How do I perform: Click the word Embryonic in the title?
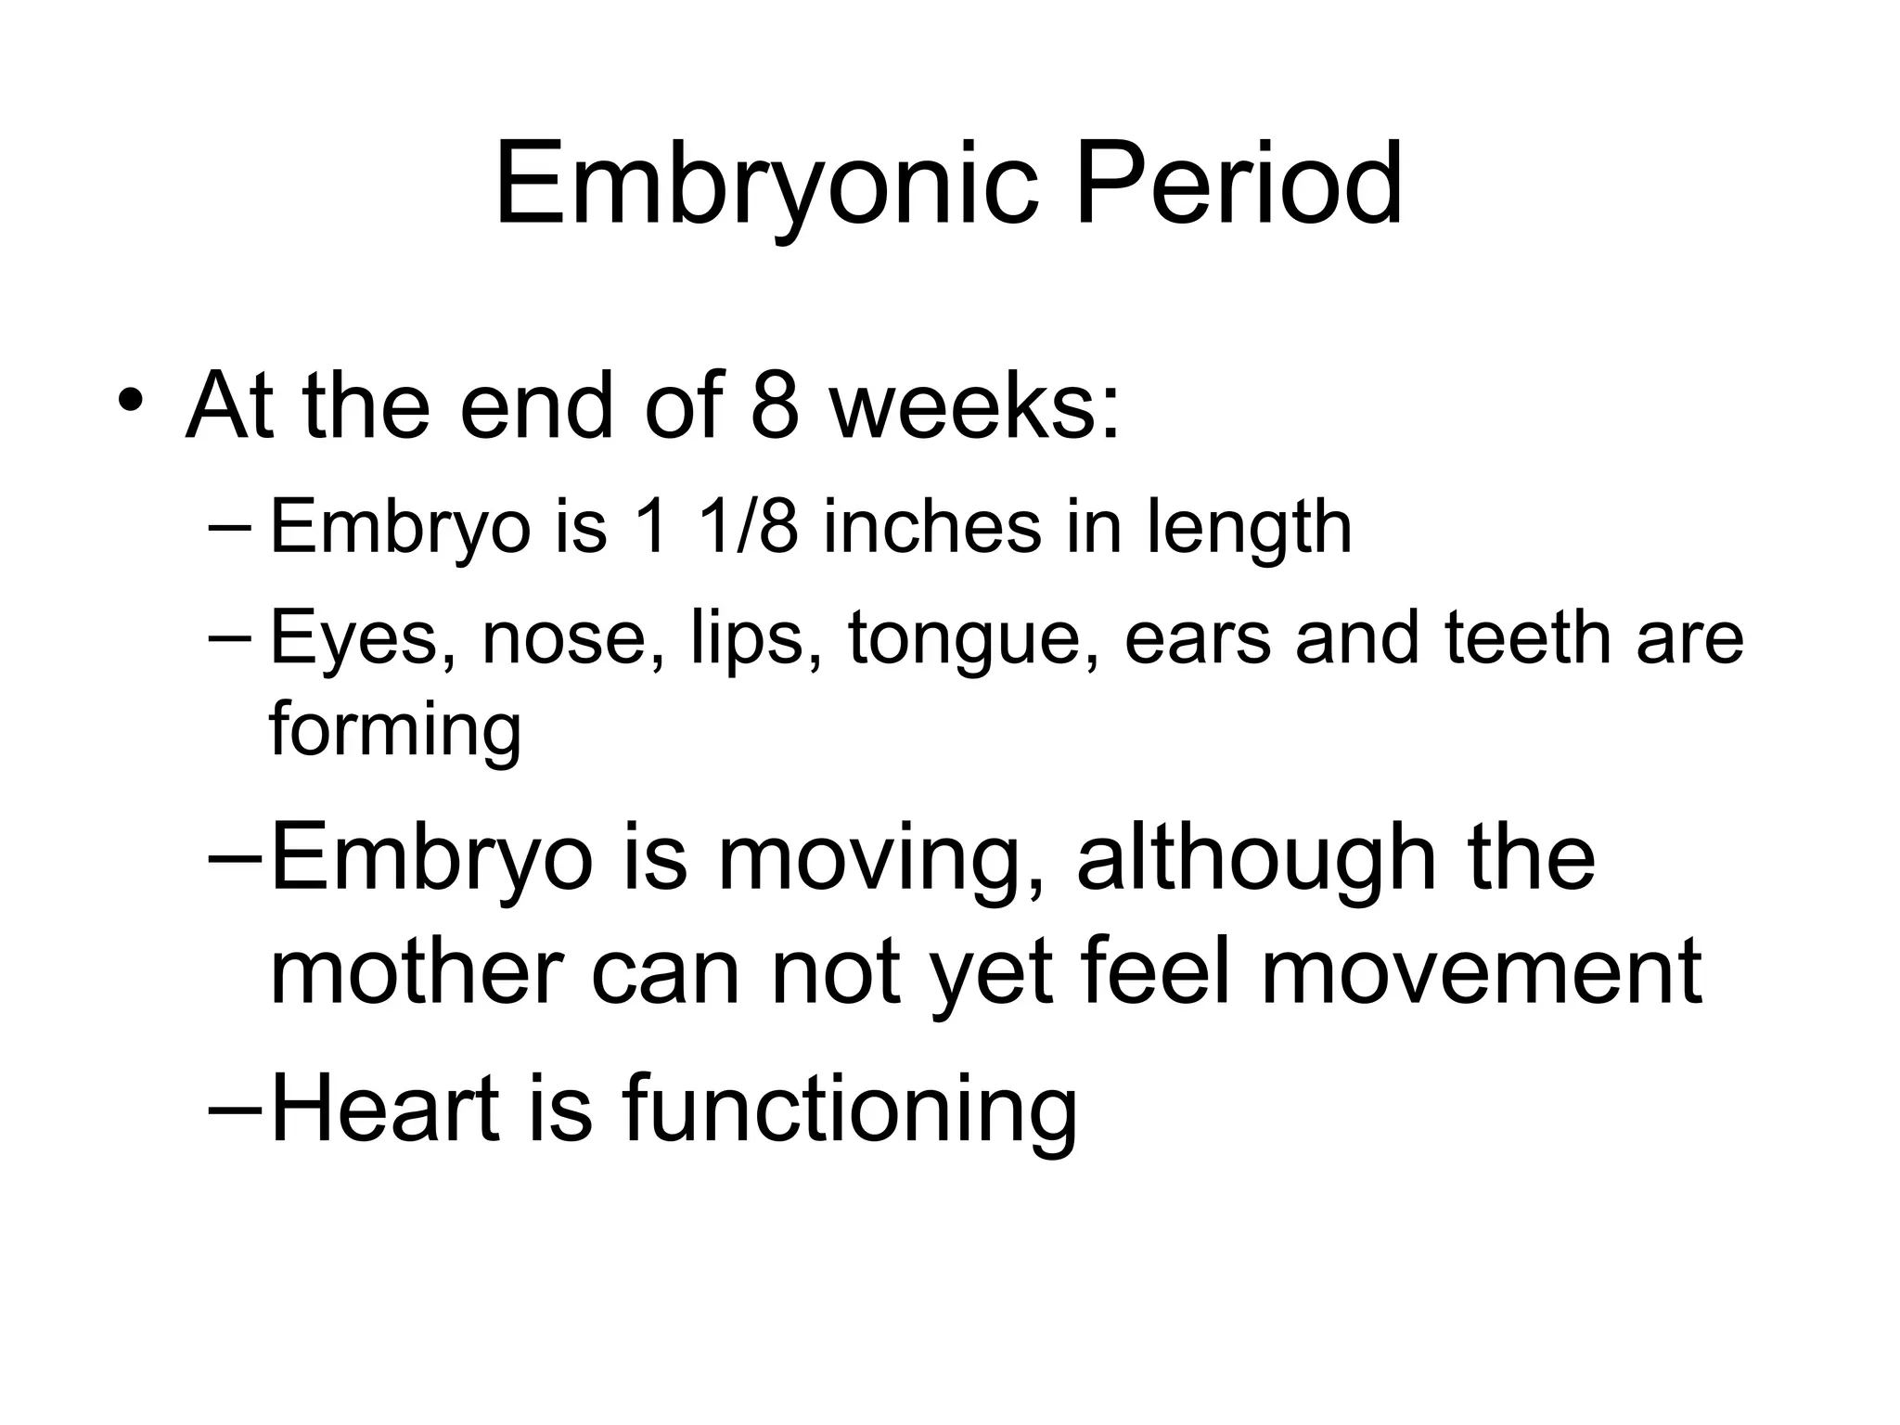(x=766, y=186)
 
